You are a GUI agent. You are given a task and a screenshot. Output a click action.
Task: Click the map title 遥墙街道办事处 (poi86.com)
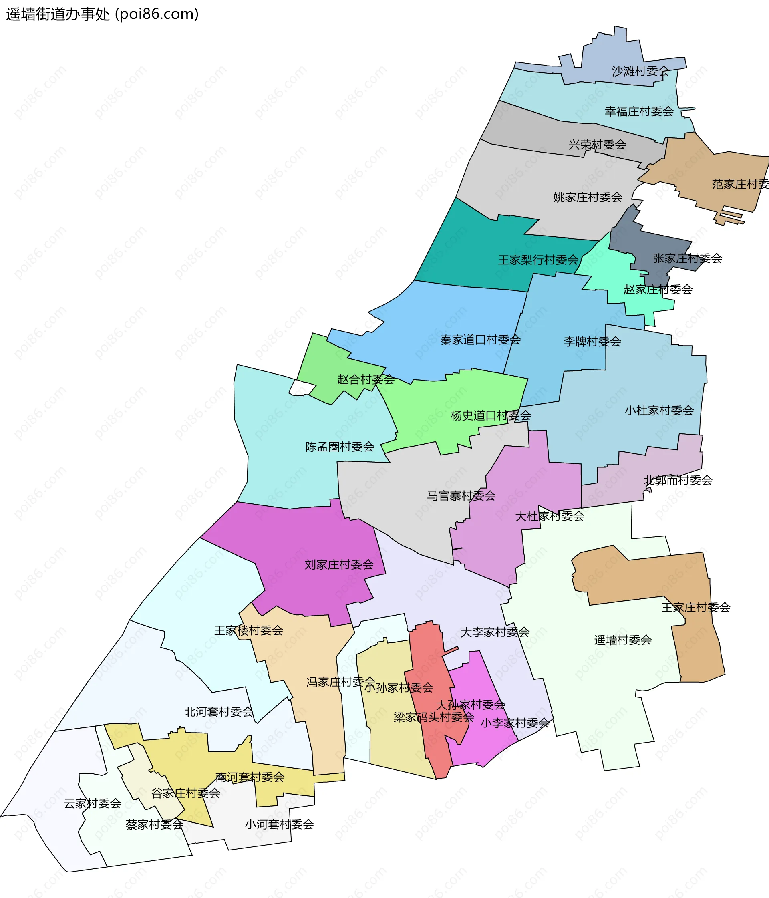[x=102, y=14]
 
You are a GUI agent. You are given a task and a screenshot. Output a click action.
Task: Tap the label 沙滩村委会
[x=640, y=71]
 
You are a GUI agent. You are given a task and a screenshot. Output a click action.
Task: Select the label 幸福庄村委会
[x=639, y=111]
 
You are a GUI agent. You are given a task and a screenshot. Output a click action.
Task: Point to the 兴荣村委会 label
[x=597, y=144]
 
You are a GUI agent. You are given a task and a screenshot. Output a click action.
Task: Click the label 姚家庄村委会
[x=588, y=197]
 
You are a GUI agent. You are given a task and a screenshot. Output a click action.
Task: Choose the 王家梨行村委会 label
[x=538, y=260]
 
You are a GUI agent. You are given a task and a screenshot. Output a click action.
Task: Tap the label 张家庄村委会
[x=687, y=258]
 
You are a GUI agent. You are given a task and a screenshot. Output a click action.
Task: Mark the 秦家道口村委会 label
[x=480, y=340]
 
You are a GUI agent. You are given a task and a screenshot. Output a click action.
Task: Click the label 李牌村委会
[x=592, y=342]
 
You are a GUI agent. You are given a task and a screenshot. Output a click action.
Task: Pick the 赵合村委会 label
[x=366, y=379]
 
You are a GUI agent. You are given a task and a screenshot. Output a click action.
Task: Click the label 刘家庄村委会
[x=339, y=564]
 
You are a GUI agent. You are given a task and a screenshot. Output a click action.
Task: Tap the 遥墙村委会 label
[x=622, y=640]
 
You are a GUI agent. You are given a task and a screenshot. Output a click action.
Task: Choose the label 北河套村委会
[x=218, y=712]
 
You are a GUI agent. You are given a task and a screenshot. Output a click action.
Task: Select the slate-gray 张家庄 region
[x=650, y=243]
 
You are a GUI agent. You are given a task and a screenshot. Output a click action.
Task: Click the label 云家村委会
[x=93, y=803]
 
